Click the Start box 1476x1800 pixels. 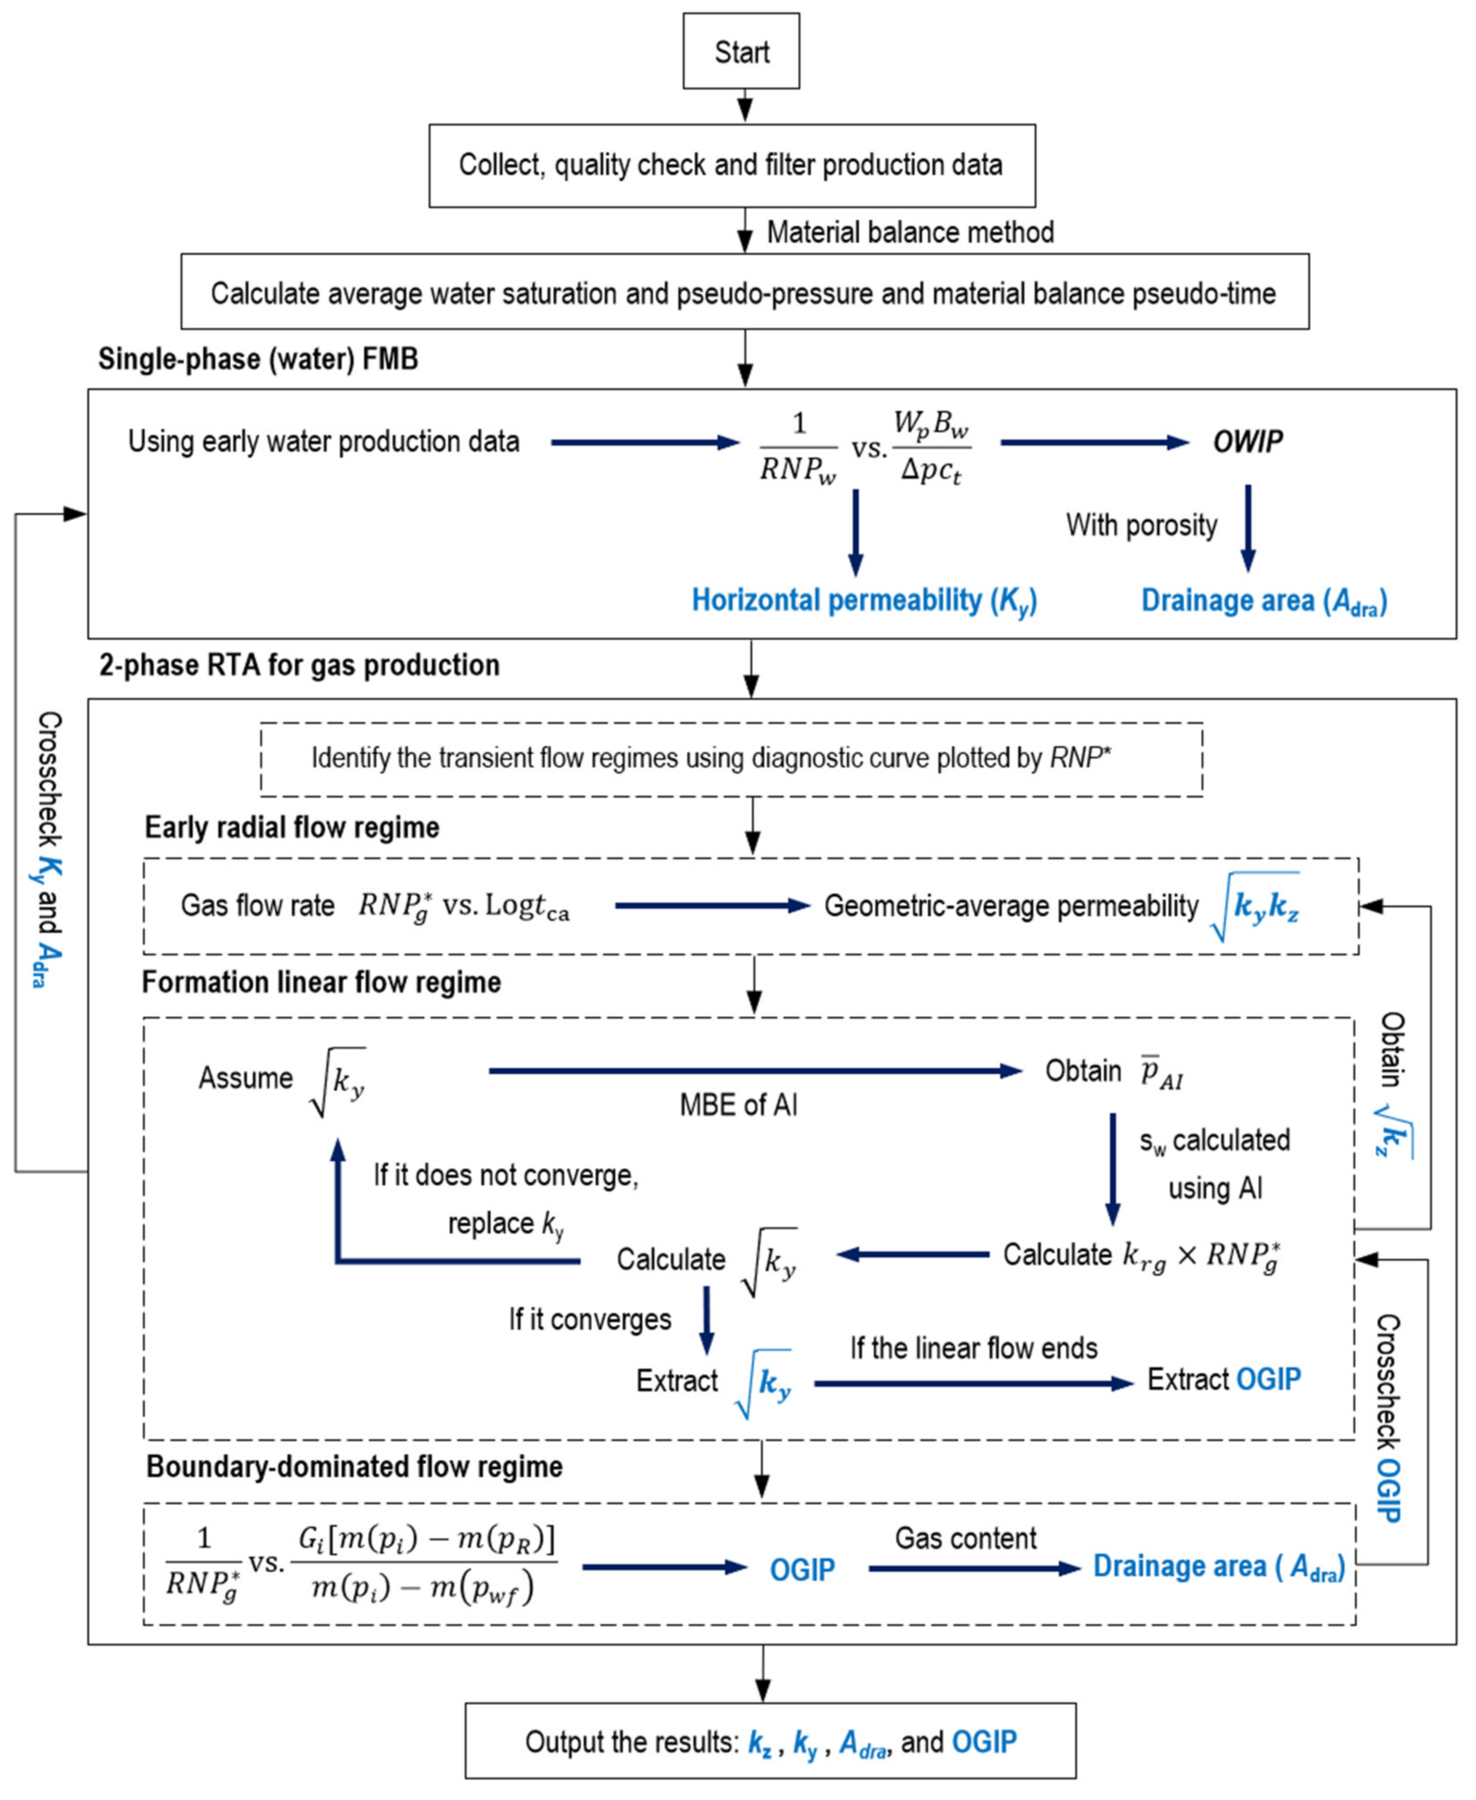click(x=741, y=51)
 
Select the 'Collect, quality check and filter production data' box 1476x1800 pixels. click(x=731, y=165)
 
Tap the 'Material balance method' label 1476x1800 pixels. click(x=910, y=232)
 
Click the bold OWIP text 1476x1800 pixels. click(x=1248, y=441)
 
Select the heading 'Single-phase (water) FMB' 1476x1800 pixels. click(x=258, y=359)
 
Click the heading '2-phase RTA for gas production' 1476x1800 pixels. click(x=299, y=665)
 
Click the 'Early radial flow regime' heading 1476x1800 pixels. click(x=292, y=827)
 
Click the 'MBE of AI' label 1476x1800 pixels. click(x=738, y=1105)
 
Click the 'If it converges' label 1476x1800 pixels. click(x=589, y=1320)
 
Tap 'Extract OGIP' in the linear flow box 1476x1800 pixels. click(x=1223, y=1379)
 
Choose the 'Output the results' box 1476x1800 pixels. click(x=769, y=1741)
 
